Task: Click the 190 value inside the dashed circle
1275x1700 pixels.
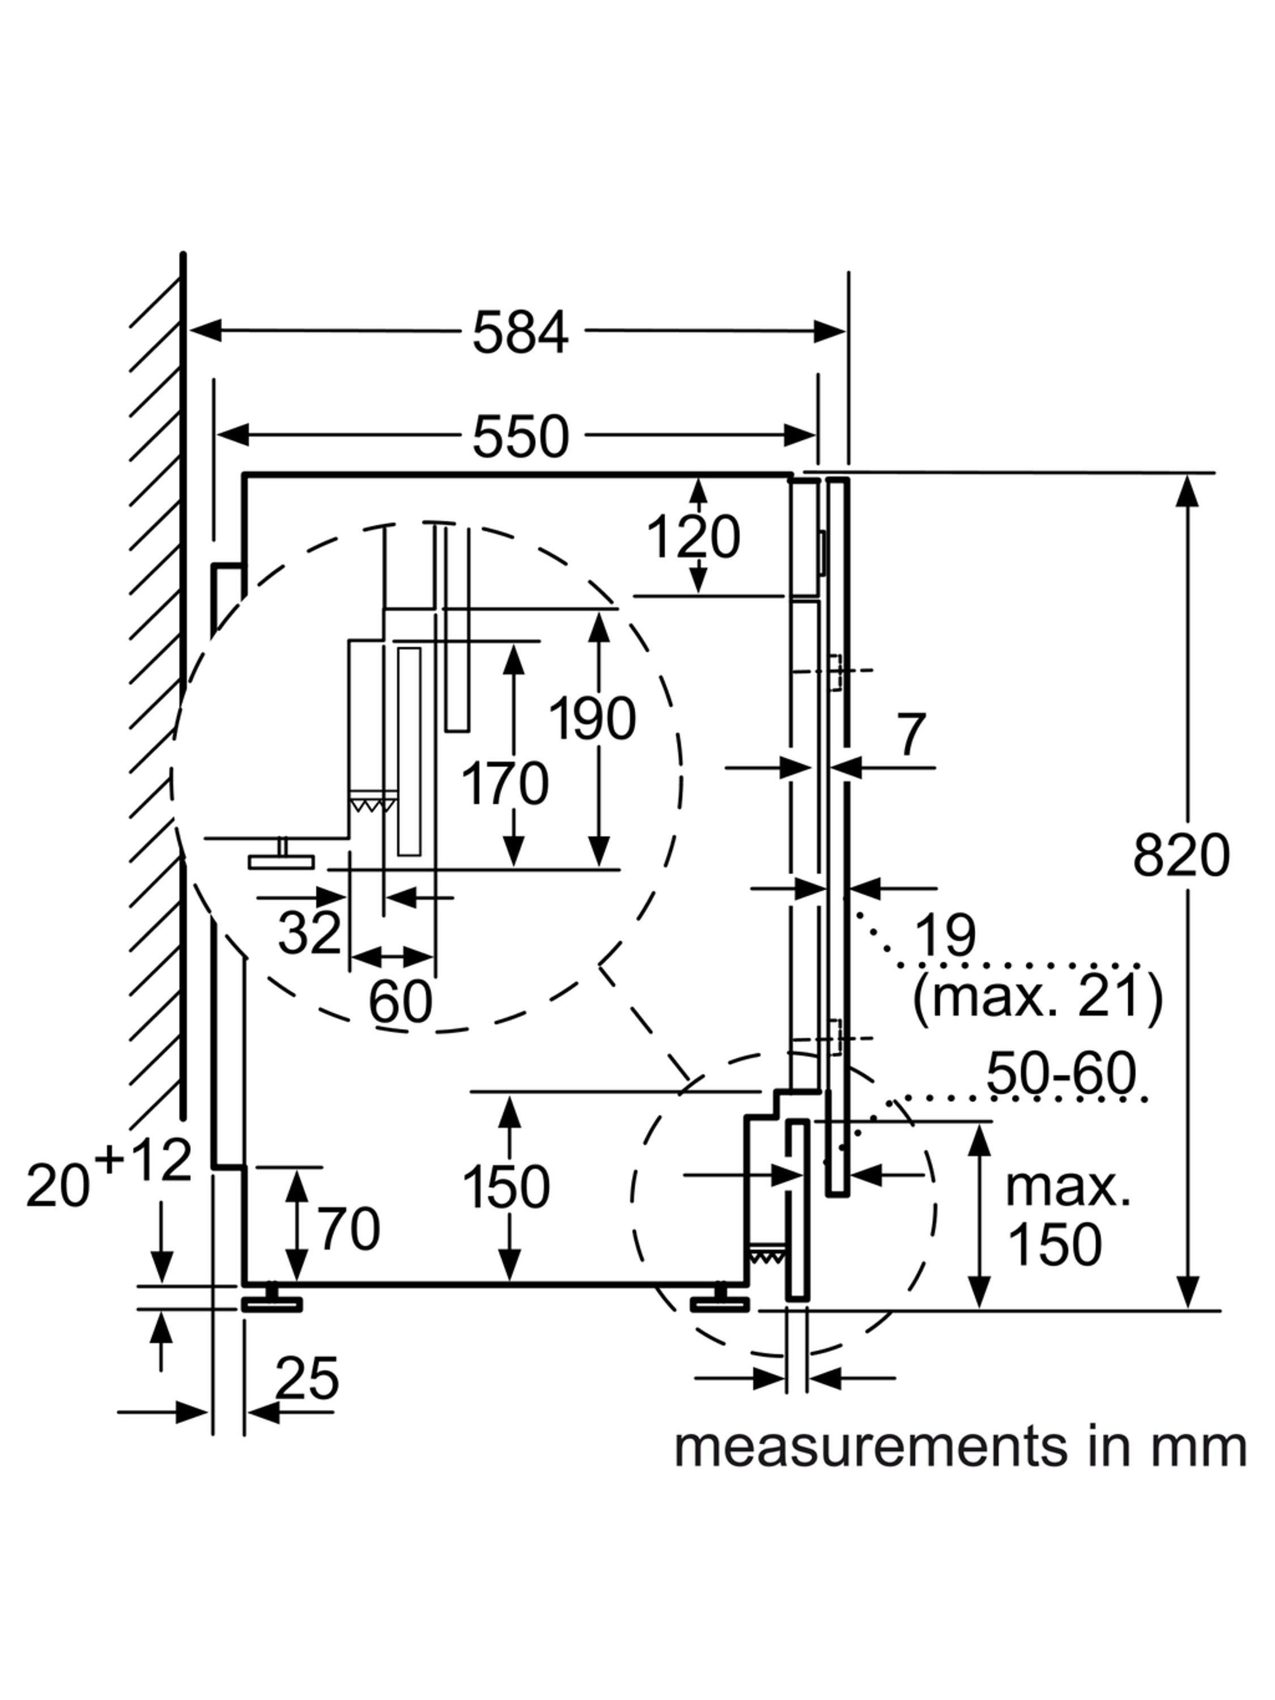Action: point(592,719)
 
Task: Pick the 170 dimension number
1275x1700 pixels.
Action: point(504,784)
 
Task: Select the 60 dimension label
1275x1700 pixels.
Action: point(399,1001)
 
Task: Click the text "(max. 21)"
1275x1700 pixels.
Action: point(1038,997)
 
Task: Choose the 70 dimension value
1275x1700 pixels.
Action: point(350,1229)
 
